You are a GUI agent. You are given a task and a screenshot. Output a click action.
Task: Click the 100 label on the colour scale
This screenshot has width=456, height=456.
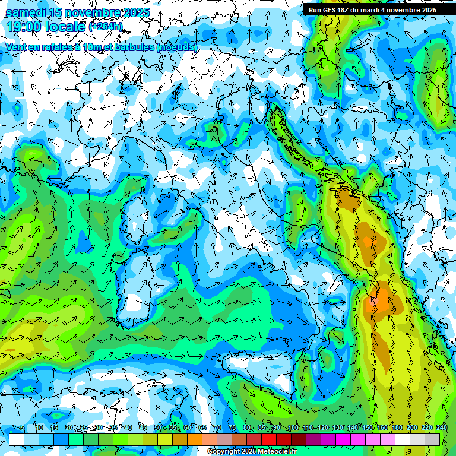coord(293,428)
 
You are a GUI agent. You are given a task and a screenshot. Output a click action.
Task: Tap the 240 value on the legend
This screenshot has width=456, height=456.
coord(441,428)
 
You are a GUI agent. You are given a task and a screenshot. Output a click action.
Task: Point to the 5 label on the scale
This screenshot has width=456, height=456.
coord(23,428)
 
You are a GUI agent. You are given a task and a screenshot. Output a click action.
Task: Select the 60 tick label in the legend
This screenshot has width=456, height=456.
coord(188,428)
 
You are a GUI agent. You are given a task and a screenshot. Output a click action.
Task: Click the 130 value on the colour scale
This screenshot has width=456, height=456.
coord(337,428)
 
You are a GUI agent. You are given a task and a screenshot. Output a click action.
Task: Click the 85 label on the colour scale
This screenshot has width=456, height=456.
coord(262,428)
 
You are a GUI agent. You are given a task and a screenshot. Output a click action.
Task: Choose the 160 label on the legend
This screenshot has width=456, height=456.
coord(382,428)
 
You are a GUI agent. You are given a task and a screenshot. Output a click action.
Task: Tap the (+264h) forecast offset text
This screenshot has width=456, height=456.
coord(106,27)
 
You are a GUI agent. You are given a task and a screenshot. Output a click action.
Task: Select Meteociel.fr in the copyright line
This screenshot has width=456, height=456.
coord(278,452)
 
